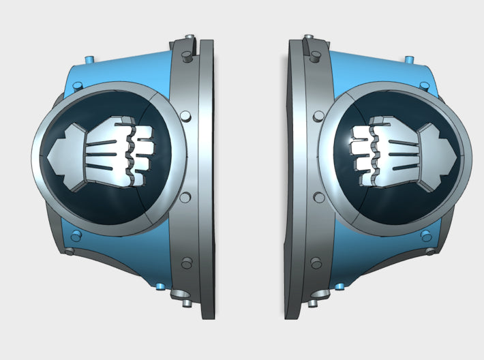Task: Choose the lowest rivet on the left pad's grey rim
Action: coord(185,261)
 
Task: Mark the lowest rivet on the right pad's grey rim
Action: coord(315,262)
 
